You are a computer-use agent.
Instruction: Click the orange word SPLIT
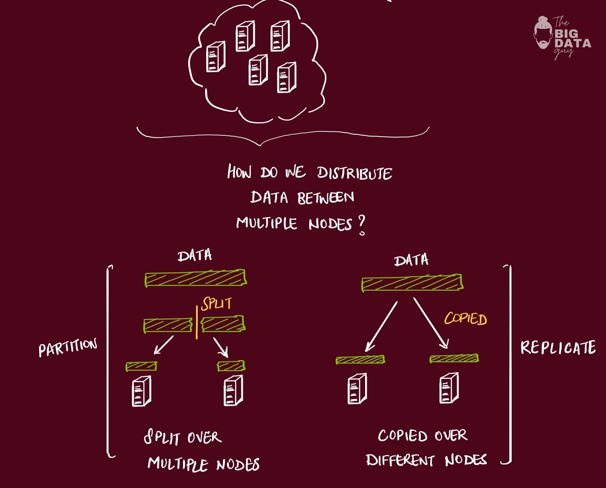point(217,304)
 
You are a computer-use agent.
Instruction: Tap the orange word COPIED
point(466,319)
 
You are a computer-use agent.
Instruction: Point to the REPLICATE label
point(558,347)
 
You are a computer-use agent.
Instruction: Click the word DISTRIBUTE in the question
point(354,173)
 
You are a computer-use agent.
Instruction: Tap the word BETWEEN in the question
point(326,198)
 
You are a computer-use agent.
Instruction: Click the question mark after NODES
point(362,226)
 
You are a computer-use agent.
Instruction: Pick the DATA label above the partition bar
point(195,256)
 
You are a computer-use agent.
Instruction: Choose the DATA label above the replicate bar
point(411,260)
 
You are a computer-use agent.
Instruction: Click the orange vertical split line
point(197,323)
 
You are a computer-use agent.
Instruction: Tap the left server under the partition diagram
point(141,391)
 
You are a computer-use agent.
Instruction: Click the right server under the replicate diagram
point(449,388)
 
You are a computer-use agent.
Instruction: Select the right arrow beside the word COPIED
point(431,323)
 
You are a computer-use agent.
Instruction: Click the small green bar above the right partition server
point(231,366)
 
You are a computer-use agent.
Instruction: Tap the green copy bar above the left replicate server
point(360,360)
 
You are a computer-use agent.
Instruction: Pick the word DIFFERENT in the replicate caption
point(400,460)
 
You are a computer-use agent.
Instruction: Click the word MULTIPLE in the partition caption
point(178,464)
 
